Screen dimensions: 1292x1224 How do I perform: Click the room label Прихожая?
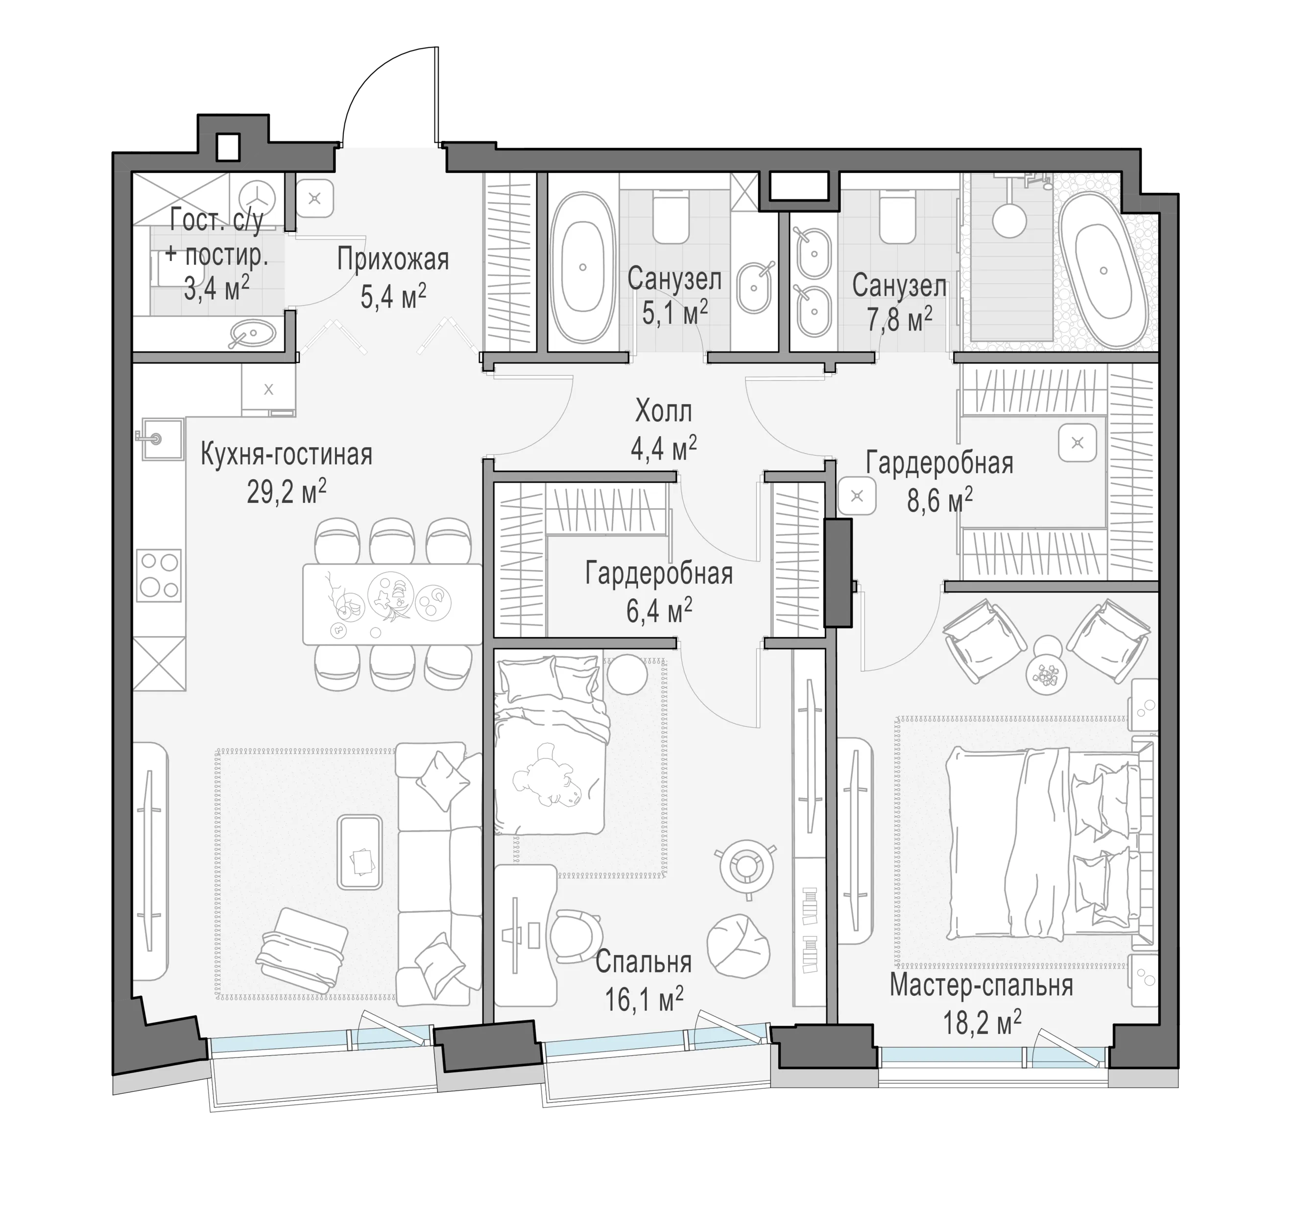[x=393, y=259]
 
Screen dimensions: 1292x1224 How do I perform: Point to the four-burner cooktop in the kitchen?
[x=159, y=575]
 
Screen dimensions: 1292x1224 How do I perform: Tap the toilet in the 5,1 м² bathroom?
[x=670, y=216]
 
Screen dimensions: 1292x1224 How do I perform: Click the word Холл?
[x=664, y=412]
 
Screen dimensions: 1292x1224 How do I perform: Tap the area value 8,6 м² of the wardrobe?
[x=940, y=500]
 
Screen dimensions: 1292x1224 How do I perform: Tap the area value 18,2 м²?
[x=981, y=1022]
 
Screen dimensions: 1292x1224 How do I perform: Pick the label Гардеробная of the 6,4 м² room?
[x=659, y=573]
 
